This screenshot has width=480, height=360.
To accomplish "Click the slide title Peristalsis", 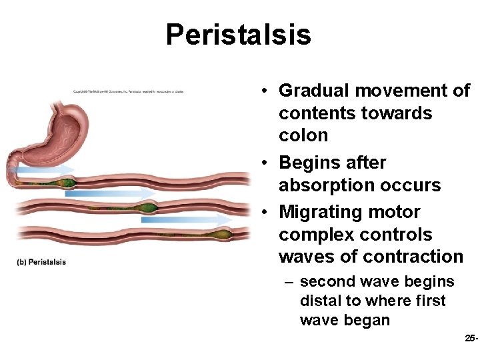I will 238,35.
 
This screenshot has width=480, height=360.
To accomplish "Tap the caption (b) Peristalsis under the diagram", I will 41,262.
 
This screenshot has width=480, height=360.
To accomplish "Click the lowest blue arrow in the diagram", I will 187,219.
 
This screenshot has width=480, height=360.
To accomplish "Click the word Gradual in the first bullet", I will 309,91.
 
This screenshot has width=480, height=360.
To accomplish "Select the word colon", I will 303,135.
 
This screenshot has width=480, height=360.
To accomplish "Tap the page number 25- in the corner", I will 471,339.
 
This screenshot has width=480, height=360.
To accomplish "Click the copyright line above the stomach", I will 128,91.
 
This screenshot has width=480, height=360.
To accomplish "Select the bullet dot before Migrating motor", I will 265,213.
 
